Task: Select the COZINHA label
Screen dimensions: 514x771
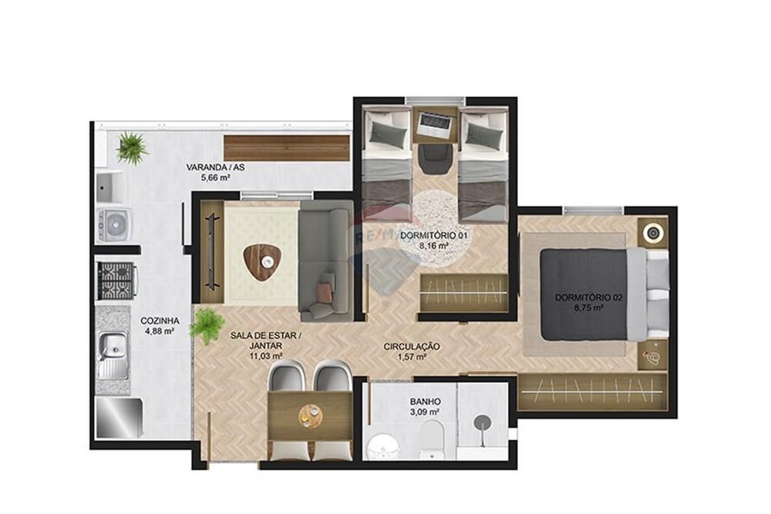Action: (160, 321)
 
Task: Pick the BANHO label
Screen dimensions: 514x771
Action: (425, 401)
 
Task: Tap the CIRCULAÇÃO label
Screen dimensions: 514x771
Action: (412, 347)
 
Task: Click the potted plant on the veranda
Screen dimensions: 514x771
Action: (132, 147)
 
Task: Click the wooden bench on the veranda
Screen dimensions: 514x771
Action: (286, 147)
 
